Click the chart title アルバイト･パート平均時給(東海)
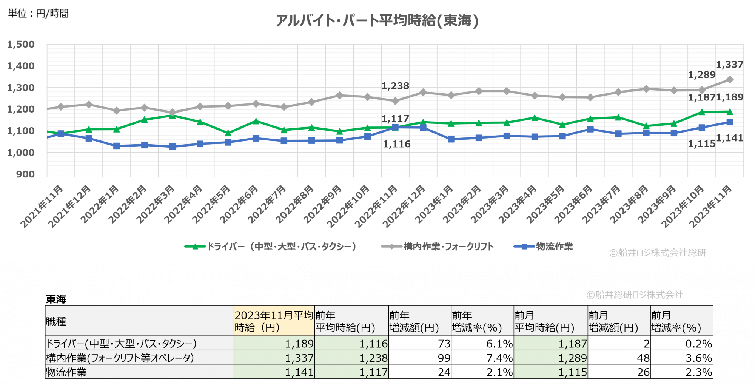377,20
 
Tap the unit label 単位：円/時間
39,14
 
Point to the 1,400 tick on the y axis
21,66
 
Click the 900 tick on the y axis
25,174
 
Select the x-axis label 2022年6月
239,204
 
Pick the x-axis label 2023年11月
710,206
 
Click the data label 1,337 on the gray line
729,65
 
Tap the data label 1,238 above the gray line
395,86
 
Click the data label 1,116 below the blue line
397,144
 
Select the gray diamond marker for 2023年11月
730,80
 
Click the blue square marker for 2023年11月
730,122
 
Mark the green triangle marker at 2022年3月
172,116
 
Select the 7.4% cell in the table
499,358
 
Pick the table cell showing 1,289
572,358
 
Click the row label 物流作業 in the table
66,372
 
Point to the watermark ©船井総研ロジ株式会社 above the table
635,295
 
